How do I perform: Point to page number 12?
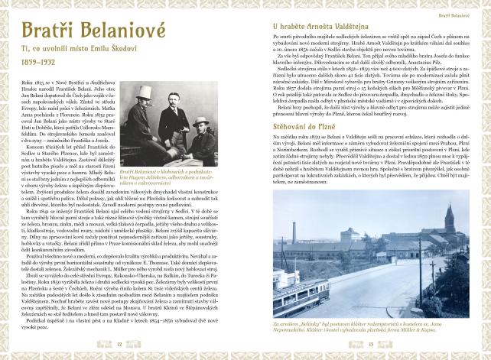119,344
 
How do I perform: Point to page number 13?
371,344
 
